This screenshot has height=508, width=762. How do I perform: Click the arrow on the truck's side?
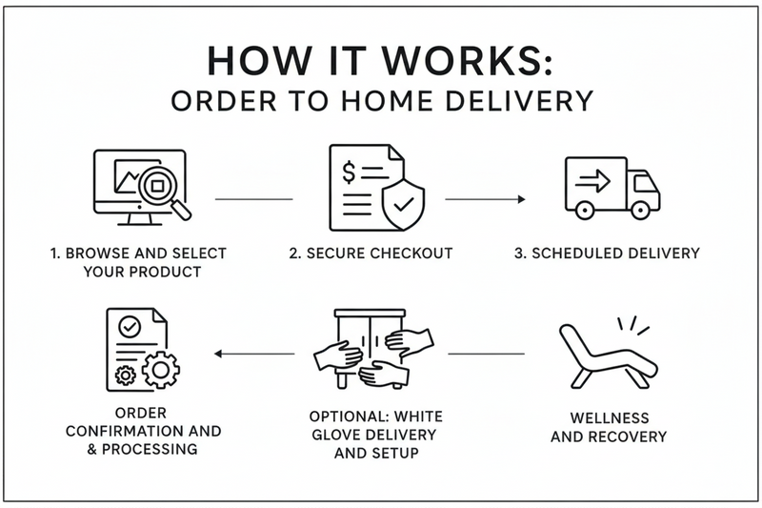(x=594, y=181)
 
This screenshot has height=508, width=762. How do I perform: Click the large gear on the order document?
(x=159, y=369)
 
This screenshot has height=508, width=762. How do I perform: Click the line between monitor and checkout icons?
(x=254, y=199)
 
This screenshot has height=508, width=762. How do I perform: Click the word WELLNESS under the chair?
(x=611, y=418)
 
